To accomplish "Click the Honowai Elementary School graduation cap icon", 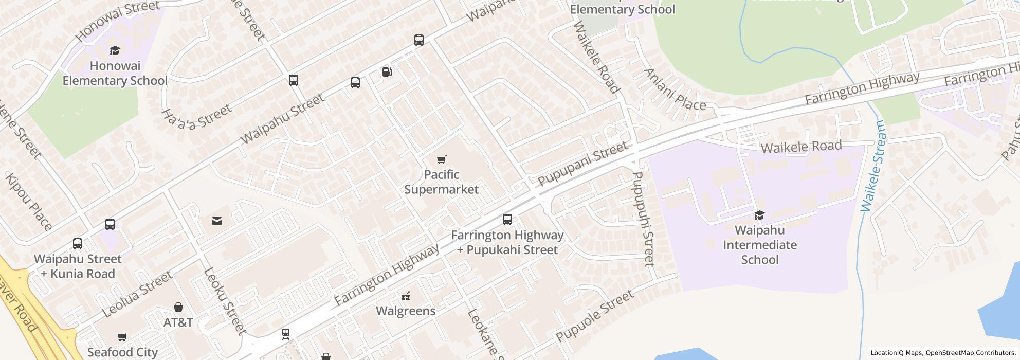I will coord(115,50).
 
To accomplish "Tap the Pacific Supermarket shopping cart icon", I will coord(441,160).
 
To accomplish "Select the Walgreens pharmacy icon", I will coord(406,296).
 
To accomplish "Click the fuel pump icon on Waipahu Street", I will coord(387,71).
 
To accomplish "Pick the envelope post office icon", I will coord(217,221).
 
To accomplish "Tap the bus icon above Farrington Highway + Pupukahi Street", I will coord(507,220).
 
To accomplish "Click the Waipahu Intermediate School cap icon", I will coord(759,215).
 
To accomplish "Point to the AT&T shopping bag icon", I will coord(178,308).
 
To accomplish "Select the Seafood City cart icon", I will coord(122,337).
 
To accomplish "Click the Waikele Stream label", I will coord(873,166).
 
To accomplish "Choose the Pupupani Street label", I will coord(582,164).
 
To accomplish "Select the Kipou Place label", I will coord(29,202).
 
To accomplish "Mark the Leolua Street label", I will coord(137,294).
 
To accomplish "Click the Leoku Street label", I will coord(224,301).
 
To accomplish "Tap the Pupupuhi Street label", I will coord(643,219).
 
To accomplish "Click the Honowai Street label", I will coord(117,21).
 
